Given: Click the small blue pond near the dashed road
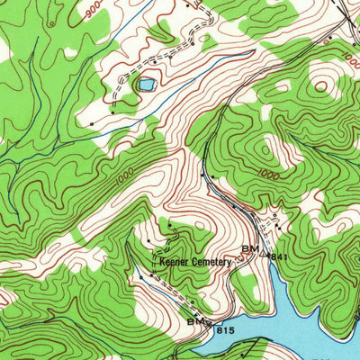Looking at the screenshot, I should point(144,85).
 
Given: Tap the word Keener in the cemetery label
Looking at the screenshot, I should point(173,262).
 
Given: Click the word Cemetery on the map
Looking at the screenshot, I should point(211,262).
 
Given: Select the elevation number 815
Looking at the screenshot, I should point(225,331).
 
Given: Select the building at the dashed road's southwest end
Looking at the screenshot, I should point(91,122).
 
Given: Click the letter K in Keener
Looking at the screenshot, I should point(162,262).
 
